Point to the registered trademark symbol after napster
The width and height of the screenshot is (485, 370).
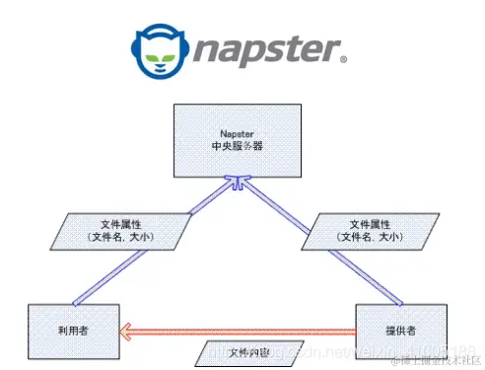tap(343, 59)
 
